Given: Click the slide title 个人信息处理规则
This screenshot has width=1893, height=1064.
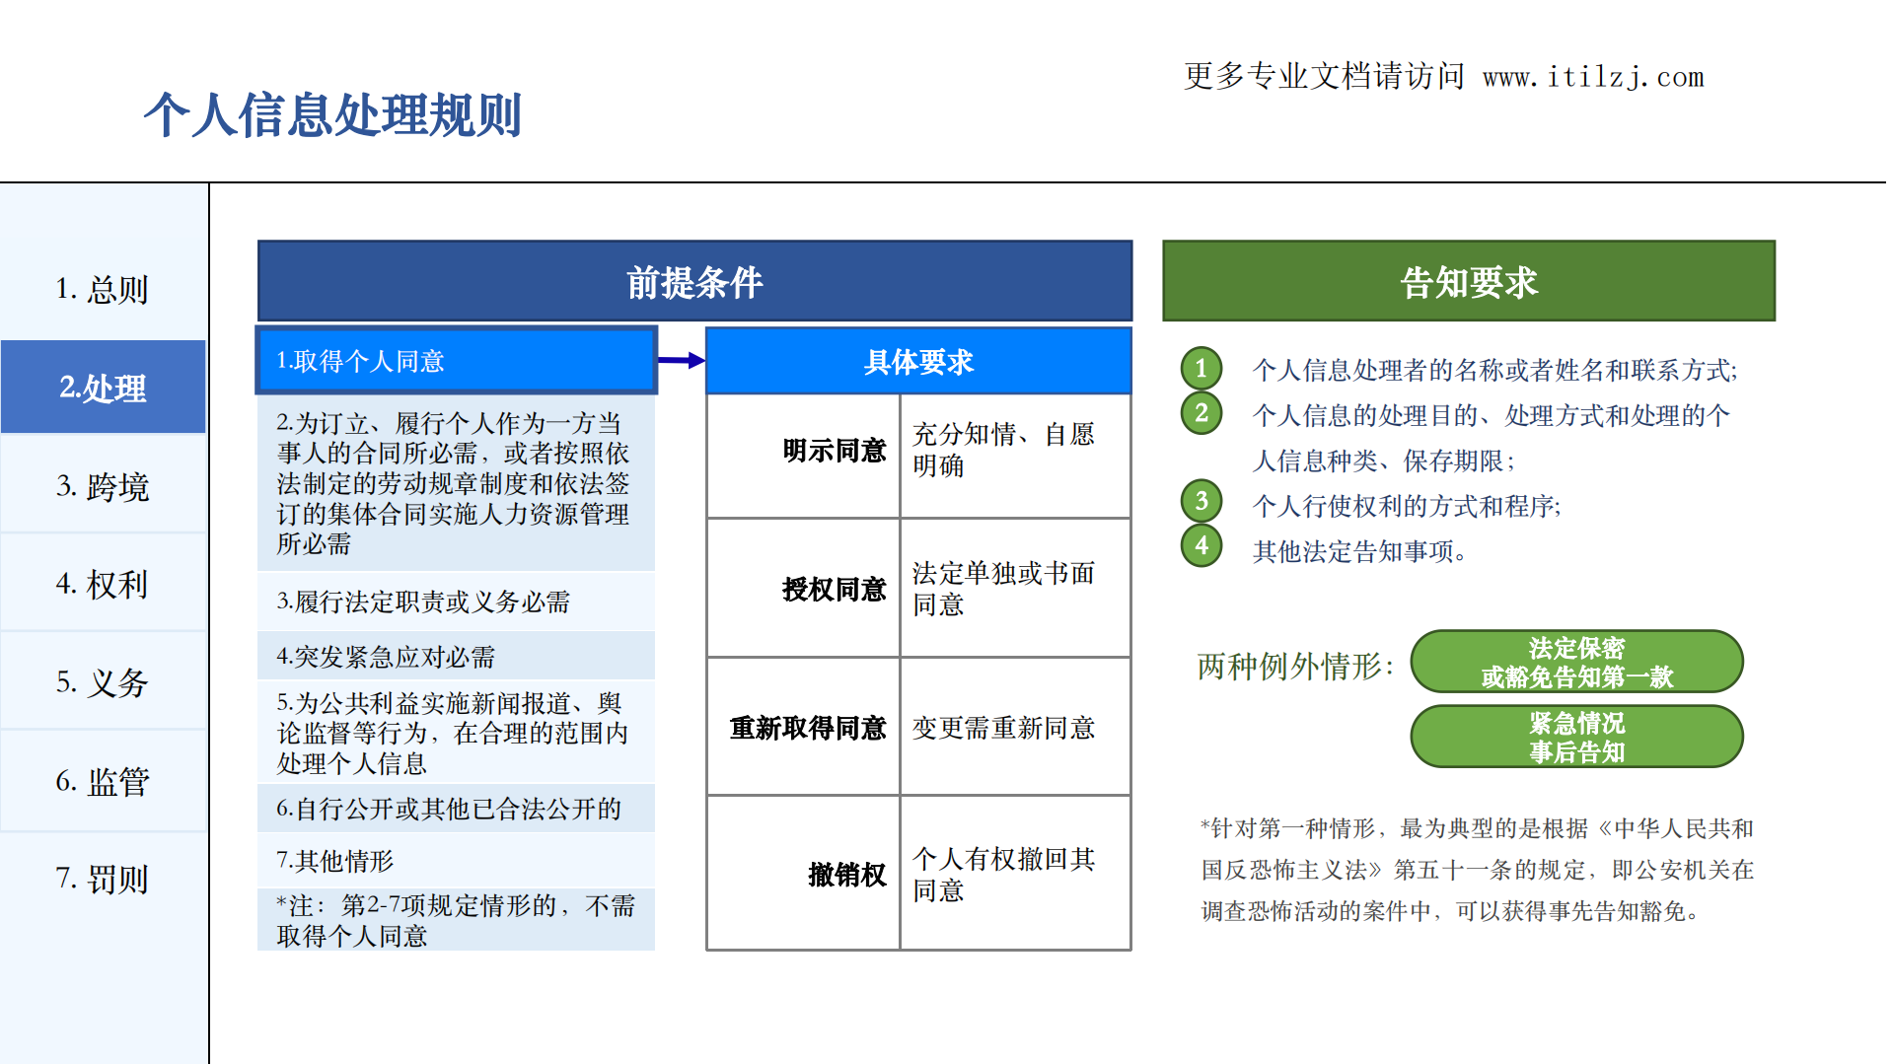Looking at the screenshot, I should click(x=332, y=115).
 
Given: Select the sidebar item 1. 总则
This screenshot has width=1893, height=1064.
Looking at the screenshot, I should click(x=103, y=289).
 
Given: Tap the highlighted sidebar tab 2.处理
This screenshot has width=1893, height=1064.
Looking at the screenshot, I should click(x=103, y=388).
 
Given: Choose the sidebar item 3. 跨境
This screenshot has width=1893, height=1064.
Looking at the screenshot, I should click(x=103, y=486).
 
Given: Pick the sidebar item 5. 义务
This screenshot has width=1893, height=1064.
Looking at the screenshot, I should click(x=103, y=682).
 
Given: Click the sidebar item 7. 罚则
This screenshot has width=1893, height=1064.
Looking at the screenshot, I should click(x=103, y=879).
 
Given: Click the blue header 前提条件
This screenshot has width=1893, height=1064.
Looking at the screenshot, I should click(x=694, y=282).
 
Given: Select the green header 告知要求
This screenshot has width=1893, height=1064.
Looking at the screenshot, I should click(x=1468, y=282).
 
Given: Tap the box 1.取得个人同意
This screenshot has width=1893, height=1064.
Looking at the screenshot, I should click(x=456, y=361).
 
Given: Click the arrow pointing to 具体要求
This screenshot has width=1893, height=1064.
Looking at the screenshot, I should click(x=681, y=361).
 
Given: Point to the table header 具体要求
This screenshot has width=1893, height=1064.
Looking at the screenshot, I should click(x=918, y=362).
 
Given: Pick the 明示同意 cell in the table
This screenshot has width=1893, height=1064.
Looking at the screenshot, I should click(x=834, y=451).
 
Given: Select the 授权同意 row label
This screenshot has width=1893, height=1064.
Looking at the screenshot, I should click(x=834, y=590).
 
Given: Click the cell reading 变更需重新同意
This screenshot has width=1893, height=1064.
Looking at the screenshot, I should click(x=1003, y=728).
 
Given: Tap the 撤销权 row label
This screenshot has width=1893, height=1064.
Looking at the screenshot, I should click(x=846, y=875).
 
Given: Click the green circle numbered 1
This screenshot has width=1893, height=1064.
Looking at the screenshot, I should click(x=1201, y=369).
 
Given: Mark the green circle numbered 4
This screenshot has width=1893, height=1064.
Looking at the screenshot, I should click(x=1201, y=545).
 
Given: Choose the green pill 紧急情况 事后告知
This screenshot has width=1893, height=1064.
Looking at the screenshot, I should click(x=1576, y=737).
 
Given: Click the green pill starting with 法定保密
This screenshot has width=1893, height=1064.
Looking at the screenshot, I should click(x=1576, y=662).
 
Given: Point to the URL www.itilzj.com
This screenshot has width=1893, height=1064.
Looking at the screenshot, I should click(x=1593, y=77).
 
